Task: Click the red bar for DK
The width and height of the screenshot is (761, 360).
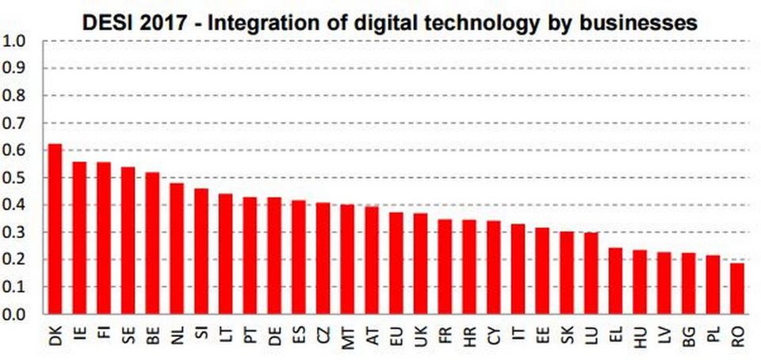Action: point(55,229)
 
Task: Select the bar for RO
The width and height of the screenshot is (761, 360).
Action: point(737,289)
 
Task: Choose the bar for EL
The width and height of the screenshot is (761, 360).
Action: point(615,281)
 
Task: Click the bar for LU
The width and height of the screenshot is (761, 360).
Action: point(591,273)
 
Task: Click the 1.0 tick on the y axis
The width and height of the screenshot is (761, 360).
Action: point(15,40)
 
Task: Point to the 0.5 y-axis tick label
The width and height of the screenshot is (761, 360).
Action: point(15,178)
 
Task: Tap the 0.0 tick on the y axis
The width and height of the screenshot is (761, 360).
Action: point(15,314)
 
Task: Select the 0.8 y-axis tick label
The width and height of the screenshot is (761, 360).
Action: point(15,95)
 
